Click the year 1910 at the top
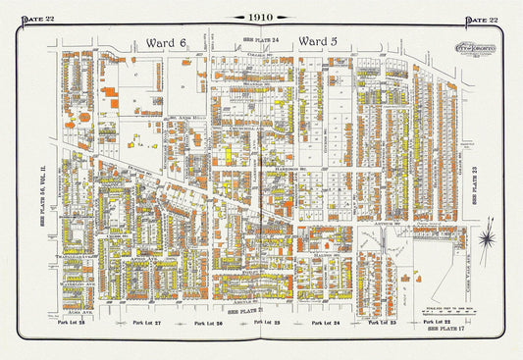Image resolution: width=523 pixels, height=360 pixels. tap(260, 18)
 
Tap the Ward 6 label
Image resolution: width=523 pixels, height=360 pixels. tap(164, 42)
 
